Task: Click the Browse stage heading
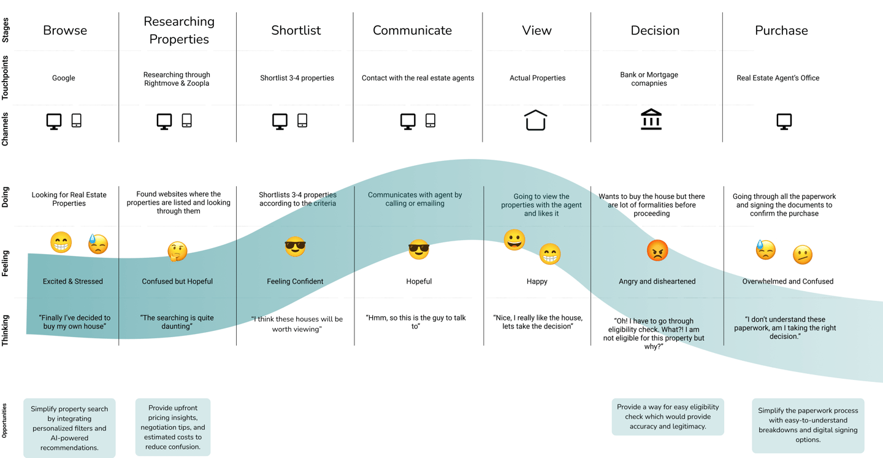point(65,31)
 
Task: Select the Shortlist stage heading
point(296,31)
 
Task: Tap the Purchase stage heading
point(781,31)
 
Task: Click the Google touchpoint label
point(64,78)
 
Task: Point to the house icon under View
point(536,120)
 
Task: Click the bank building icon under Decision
point(651,120)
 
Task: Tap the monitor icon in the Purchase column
point(784,121)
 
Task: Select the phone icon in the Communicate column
point(430,120)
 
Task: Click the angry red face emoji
point(657,250)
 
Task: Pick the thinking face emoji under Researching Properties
point(177,250)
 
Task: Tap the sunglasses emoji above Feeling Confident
point(295,247)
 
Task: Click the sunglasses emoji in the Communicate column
point(419,250)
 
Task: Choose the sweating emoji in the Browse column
point(97,244)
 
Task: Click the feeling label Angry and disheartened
point(657,281)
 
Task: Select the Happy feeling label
point(537,281)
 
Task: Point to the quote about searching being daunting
point(177,322)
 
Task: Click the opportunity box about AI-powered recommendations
point(69,429)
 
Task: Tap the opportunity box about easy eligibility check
point(668,417)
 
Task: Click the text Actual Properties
point(537,78)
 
